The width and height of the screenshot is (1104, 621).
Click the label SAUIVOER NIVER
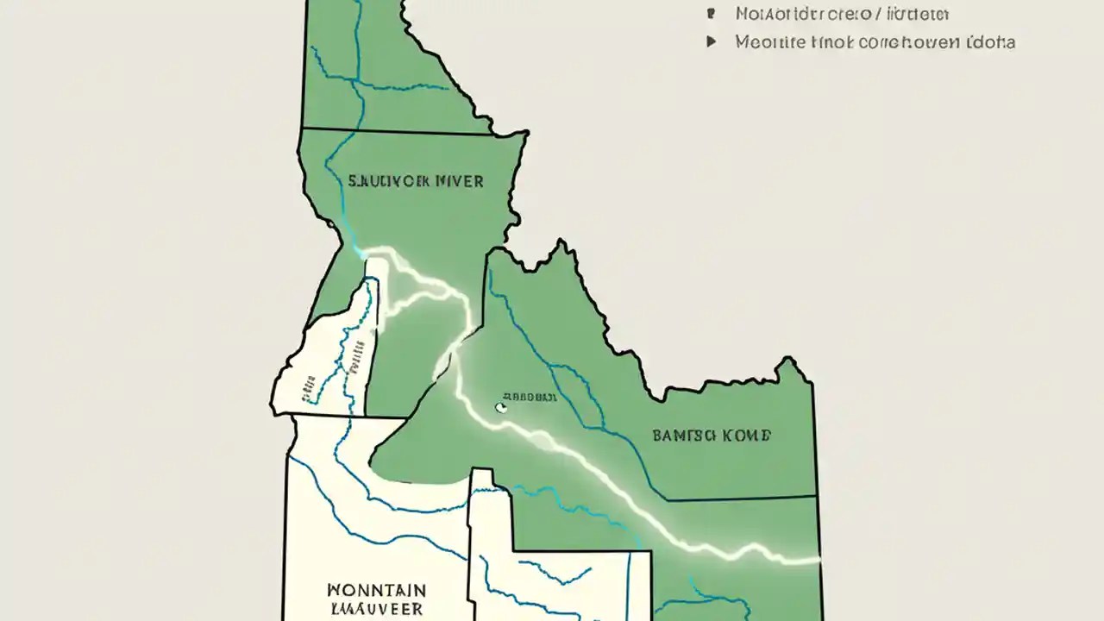pos(416,182)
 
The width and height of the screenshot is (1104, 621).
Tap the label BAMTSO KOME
pos(712,436)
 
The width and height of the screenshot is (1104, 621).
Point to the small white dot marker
pos(499,406)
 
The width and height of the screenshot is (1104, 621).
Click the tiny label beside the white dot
pos(529,397)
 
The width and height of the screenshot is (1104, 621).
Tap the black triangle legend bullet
pos(712,41)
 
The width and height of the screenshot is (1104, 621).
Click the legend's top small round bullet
pos(712,14)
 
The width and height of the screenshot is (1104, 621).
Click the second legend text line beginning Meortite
pos(875,41)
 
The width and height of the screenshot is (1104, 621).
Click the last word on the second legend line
pos(991,41)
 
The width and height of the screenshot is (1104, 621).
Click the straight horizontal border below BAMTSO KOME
pos(742,499)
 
